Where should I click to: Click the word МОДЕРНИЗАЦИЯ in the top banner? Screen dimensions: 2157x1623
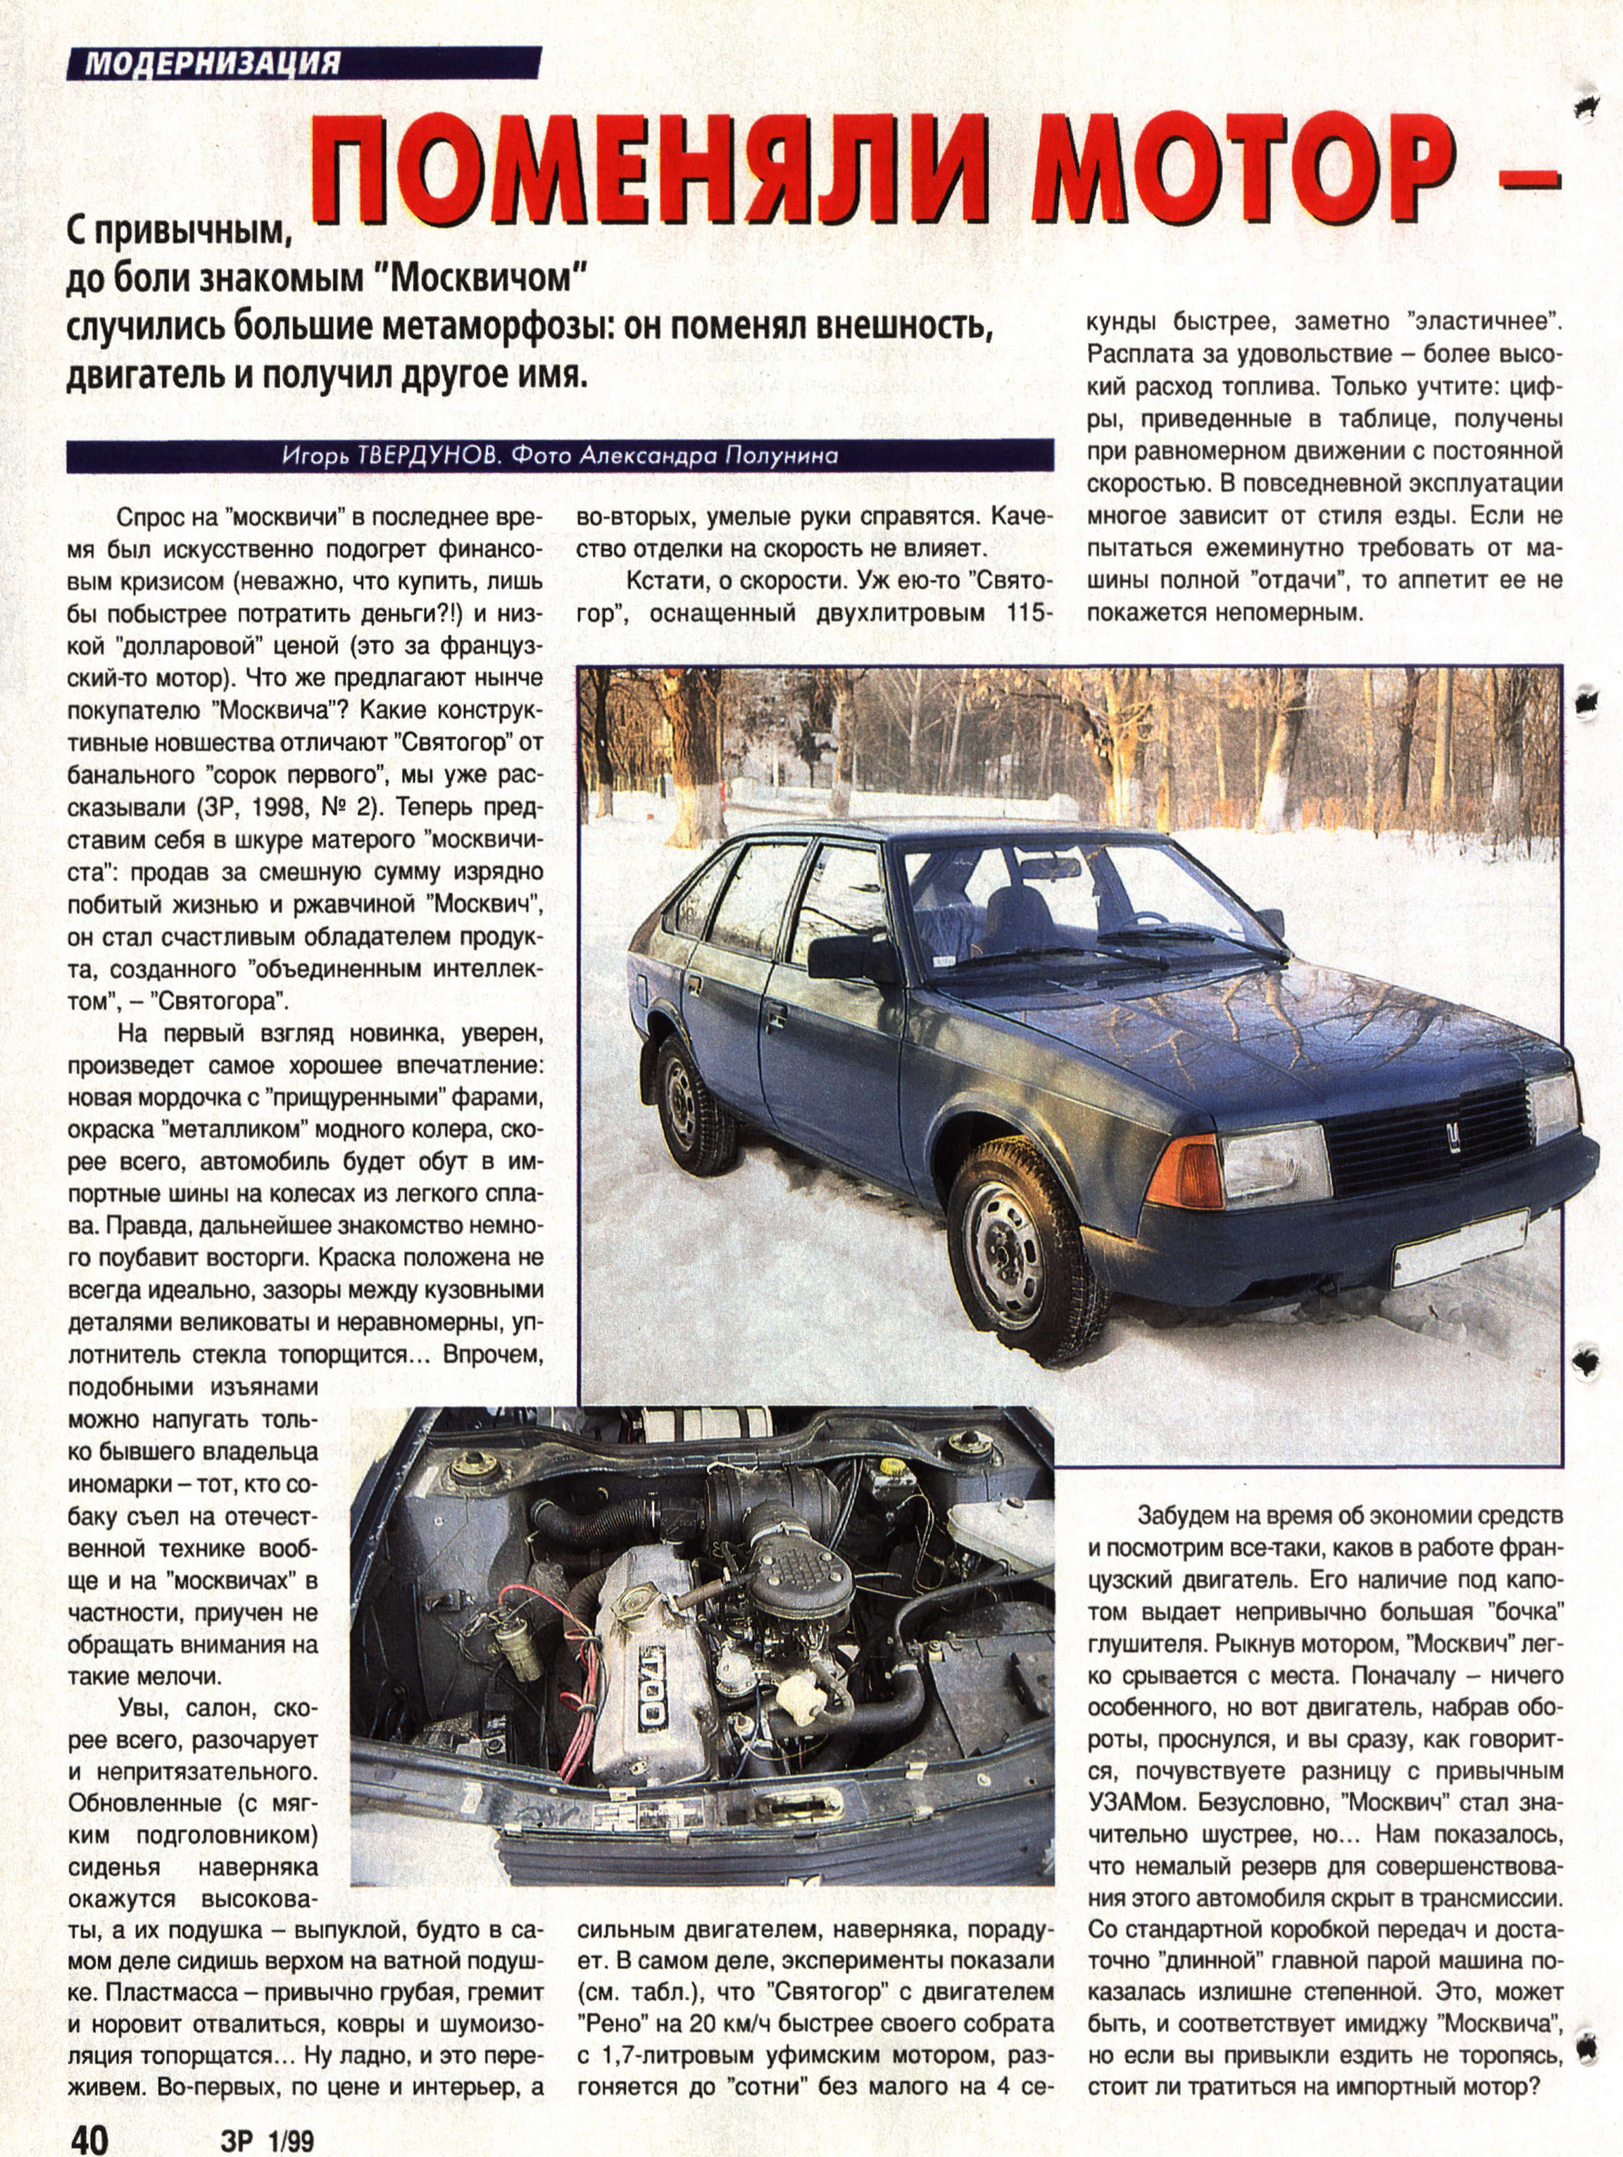[x=213, y=63]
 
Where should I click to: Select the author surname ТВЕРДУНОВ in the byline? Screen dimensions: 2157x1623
[x=420, y=455]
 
